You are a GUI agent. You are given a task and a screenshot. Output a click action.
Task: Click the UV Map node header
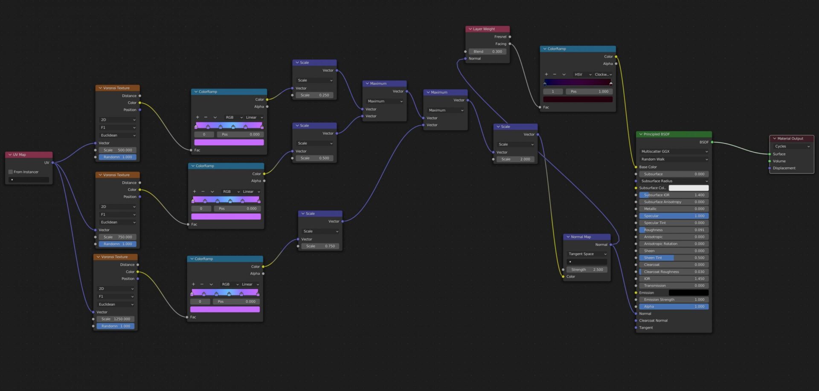(x=29, y=155)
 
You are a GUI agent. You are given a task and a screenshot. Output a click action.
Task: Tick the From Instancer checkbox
(x=11, y=172)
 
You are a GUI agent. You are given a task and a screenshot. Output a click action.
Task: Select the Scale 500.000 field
(x=118, y=150)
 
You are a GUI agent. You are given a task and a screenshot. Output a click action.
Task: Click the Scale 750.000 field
(x=118, y=237)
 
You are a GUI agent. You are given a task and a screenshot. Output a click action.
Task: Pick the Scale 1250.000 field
(x=116, y=319)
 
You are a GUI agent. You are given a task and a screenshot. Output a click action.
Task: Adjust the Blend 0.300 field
(x=488, y=52)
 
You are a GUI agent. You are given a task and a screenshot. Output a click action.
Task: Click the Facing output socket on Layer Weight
(x=510, y=44)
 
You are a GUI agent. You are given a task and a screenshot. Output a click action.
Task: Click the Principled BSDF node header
(x=674, y=134)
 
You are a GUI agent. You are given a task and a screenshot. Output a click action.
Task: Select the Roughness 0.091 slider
(x=674, y=230)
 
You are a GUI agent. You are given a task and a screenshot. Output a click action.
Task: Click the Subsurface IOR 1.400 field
(x=674, y=195)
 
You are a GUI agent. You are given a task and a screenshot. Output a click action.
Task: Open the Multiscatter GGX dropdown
(x=674, y=151)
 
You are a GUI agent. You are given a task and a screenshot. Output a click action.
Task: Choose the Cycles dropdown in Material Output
(x=792, y=146)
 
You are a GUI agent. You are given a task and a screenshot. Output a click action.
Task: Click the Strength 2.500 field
(x=587, y=269)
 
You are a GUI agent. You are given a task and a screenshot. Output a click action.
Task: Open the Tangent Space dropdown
(x=587, y=254)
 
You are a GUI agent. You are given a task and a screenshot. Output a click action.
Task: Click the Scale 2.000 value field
(x=516, y=159)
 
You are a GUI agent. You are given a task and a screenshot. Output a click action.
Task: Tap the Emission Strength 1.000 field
(x=674, y=300)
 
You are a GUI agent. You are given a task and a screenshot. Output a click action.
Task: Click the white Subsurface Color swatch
(x=688, y=188)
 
